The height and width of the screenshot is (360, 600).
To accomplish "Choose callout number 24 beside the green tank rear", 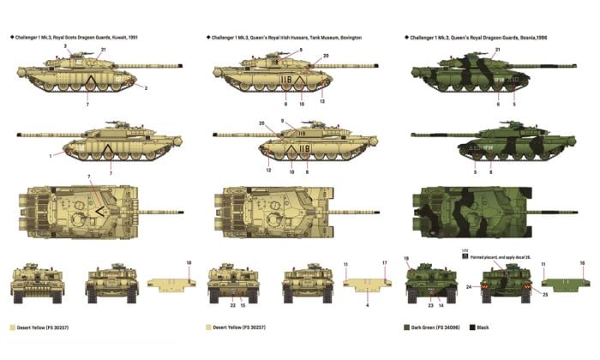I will [x=469, y=286].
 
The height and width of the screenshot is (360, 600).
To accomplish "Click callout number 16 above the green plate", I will [x=583, y=263].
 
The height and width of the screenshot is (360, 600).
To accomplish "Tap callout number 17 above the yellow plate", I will [x=385, y=263].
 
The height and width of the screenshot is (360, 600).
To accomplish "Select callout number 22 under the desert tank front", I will [x=231, y=304].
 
